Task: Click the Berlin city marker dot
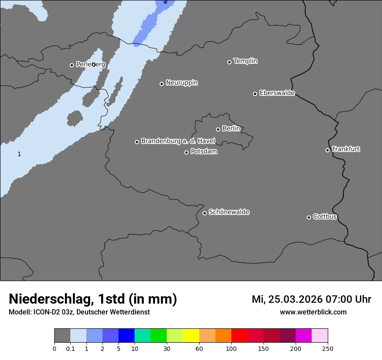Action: (218, 129)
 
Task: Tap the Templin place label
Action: (245, 61)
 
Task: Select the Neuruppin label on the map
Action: (181, 83)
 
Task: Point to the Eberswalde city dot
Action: (255, 94)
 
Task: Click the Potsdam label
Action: (204, 152)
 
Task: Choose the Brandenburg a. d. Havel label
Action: (178, 141)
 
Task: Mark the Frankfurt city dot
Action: (327, 150)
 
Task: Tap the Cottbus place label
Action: (325, 217)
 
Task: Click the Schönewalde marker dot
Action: (204, 213)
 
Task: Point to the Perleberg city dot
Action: (72, 65)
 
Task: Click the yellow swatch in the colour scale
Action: (191, 336)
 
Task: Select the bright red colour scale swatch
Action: (239, 336)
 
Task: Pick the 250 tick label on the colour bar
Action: (328, 349)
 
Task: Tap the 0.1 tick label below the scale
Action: (70, 349)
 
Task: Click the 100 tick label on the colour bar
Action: (231, 349)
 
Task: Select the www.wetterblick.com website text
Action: (313, 312)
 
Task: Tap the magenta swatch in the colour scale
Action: (303, 336)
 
